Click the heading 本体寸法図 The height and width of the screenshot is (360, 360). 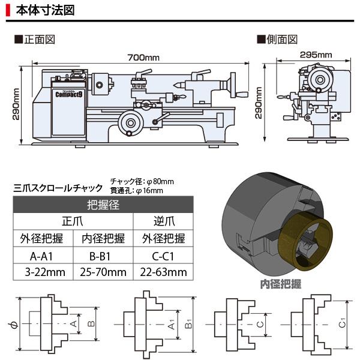pyautogui.click(x=46, y=11)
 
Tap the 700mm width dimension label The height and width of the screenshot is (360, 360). pyautogui.click(x=143, y=57)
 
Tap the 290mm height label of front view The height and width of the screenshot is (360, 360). pyautogui.click(x=17, y=104)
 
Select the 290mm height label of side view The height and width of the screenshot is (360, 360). pyautogui.click(x=259, y=104)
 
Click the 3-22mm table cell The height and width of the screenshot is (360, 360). pyautogui.click(x=42, y=272)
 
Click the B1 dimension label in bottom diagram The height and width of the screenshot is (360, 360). pyautogui.click(x=188, y=325)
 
